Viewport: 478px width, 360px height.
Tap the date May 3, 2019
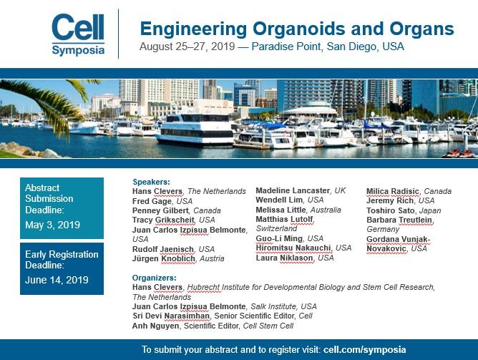[52, 225]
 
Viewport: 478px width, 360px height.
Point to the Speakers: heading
[152, 182]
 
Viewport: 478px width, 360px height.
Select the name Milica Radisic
[392, 191]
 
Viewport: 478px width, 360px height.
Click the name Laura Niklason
[286, 258]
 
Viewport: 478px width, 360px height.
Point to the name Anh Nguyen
[152, 326]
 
